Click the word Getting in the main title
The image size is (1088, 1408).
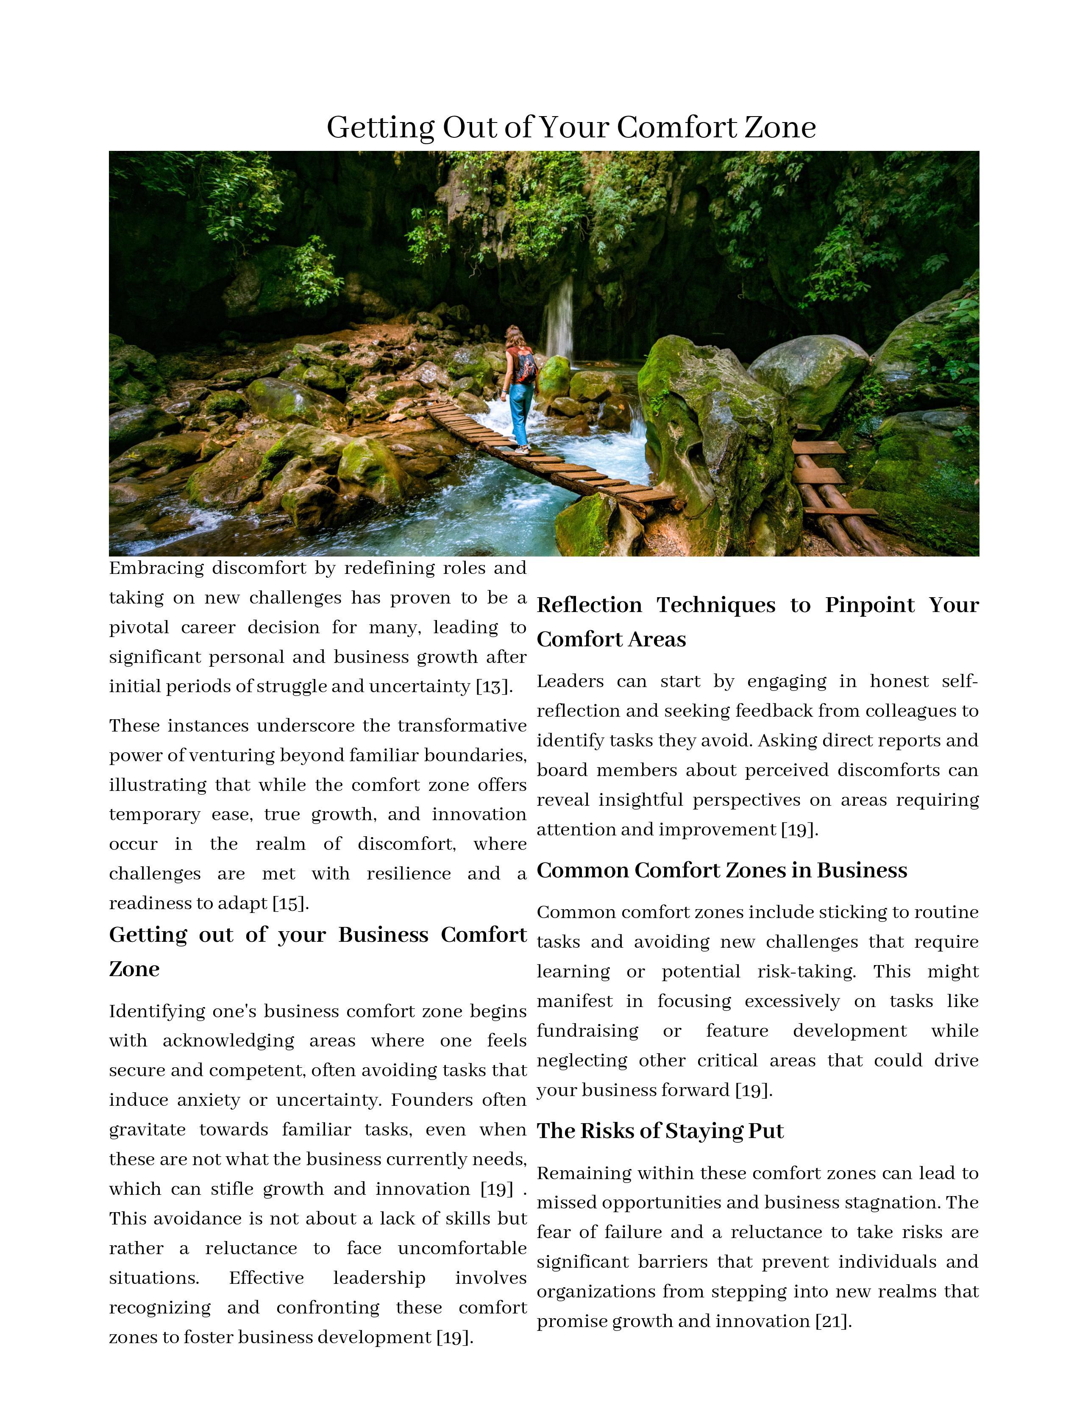[380, 128]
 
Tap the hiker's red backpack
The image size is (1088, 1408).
[525, 365]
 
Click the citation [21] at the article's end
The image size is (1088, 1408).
[833, 1321]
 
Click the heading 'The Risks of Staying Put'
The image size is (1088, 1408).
[660, 1131]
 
